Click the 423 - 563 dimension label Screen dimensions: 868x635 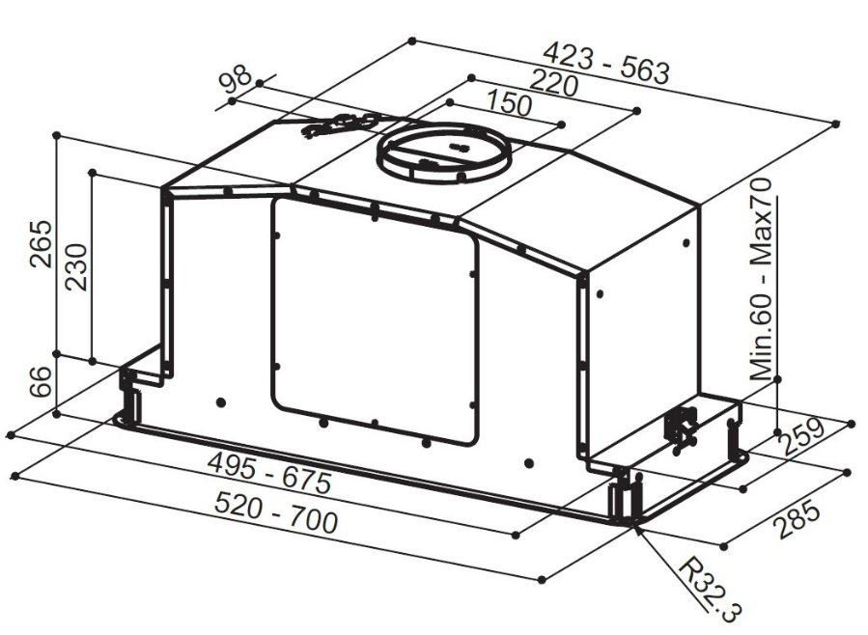point(606,64)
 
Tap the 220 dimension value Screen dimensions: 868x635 point(553,82)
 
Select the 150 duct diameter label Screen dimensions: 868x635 point(509,103)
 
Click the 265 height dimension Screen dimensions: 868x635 point(41,244)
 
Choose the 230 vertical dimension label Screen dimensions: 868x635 point(76,267)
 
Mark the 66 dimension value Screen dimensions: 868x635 point(41,380)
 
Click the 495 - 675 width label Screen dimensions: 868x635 point(269,474)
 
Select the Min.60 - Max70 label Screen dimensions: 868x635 point(761,279)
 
